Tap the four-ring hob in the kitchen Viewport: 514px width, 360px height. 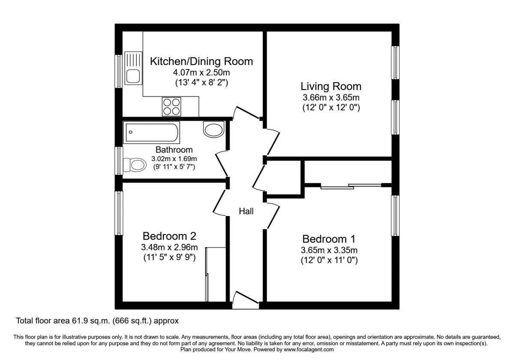coord(171,106)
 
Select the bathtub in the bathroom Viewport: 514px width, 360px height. coord(151,133)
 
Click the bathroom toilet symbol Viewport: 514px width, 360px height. coord(134,164)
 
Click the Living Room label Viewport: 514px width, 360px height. coord(331,86)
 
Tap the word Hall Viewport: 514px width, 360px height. coord(246,211)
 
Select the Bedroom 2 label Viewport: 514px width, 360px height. coord(169,236)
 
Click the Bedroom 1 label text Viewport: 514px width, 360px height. coord(329,239)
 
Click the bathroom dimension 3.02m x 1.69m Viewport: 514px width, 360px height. coord(174,159)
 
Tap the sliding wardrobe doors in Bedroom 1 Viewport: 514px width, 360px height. coord(350,186)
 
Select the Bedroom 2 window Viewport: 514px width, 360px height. coord(119,213)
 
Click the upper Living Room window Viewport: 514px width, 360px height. coord(395,63)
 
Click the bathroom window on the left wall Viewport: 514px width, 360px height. coord(119,161)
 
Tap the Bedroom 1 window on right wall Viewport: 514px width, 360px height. coord(395,216)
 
